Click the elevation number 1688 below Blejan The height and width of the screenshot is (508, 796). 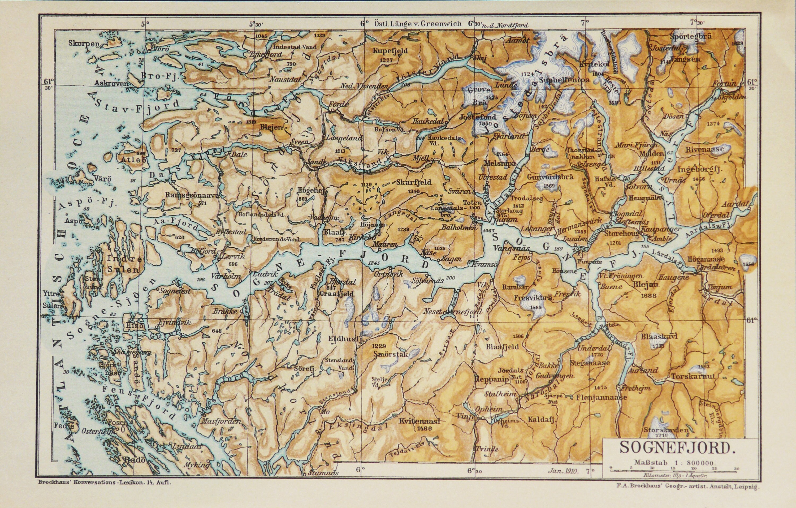pyautogui.click(x=648, y=296)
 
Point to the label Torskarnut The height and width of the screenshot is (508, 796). pyautogui.click(x=693, y=376)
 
